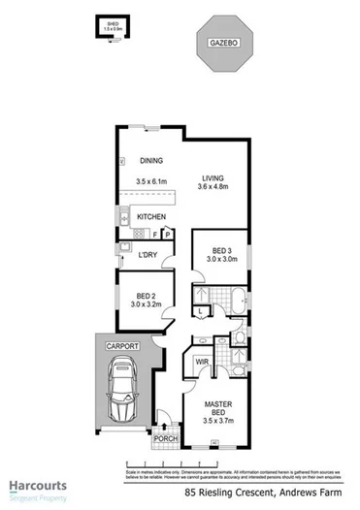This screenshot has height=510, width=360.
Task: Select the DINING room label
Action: (x=150, y=161)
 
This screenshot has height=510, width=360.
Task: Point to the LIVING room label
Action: (x=213, y=177)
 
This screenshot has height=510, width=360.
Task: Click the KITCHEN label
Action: (x=151, y=216)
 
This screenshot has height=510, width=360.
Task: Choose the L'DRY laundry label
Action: (x=147, y=255)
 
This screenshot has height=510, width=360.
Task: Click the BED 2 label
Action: (x=147, y=296)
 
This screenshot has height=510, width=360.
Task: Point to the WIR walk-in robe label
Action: (x=202, y=362)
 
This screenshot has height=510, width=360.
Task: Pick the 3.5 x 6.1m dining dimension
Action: (x=152, y=181)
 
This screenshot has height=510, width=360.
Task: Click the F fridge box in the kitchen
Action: (x=156, y=234)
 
